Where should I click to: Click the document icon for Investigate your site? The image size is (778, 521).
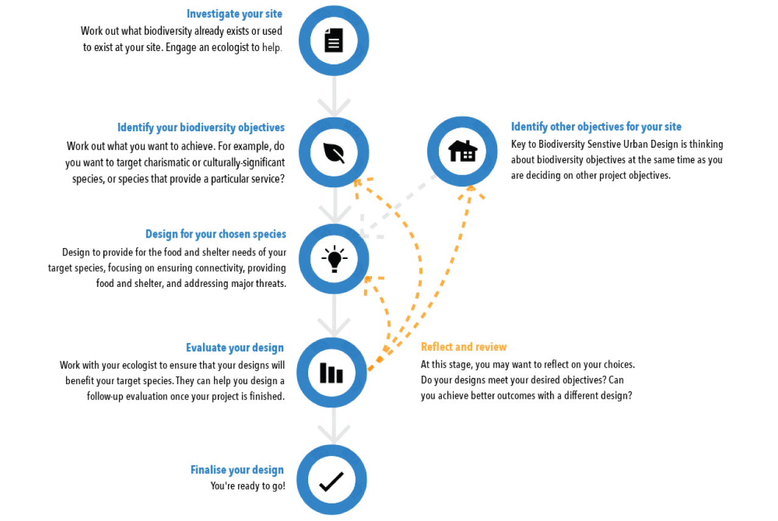334,40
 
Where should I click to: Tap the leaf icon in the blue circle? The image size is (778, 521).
334,153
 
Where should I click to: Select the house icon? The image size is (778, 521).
463,151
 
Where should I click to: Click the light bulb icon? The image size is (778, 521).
334,259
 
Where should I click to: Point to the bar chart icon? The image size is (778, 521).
331,373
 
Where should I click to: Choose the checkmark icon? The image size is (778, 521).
332,481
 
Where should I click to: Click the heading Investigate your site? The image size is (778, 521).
235,14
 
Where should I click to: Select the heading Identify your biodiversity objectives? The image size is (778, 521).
201,128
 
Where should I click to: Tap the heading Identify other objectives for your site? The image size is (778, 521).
596,127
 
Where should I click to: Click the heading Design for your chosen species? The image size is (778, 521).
216,234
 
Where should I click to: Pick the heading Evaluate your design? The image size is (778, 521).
235,348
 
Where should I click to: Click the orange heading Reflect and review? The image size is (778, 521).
464,347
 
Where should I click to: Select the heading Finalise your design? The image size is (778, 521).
237,470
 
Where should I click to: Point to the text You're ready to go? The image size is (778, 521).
247,486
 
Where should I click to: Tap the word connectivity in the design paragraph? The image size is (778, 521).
217,268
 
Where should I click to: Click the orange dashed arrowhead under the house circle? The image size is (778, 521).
471,192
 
